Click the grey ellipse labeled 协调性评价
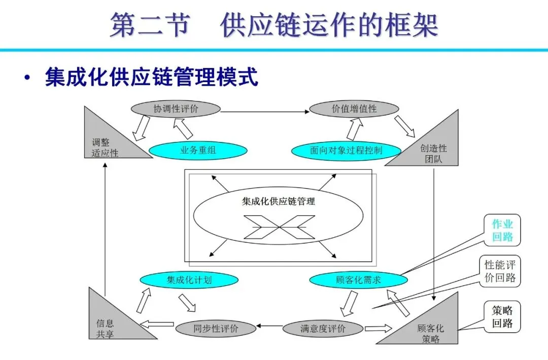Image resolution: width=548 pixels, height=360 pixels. [176, 109]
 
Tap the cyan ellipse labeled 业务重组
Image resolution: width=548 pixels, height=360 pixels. [198, 151]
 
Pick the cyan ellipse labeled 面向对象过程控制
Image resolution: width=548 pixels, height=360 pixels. [346, 151]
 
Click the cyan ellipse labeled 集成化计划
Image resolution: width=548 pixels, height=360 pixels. [189, 279]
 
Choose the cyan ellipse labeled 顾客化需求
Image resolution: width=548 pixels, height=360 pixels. [358, 279]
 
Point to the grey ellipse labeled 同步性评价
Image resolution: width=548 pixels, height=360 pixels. [215, 329]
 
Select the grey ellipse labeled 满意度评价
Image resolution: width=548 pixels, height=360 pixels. [323, 329]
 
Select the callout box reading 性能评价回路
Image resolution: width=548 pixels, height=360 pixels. [502, 271]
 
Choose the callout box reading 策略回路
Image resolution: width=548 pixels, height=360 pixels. [502, 317]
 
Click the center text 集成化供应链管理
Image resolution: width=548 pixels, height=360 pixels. [278, 201]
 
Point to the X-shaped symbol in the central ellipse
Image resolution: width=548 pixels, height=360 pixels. [279, 227]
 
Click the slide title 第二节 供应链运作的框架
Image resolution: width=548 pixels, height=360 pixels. [274, 25]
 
